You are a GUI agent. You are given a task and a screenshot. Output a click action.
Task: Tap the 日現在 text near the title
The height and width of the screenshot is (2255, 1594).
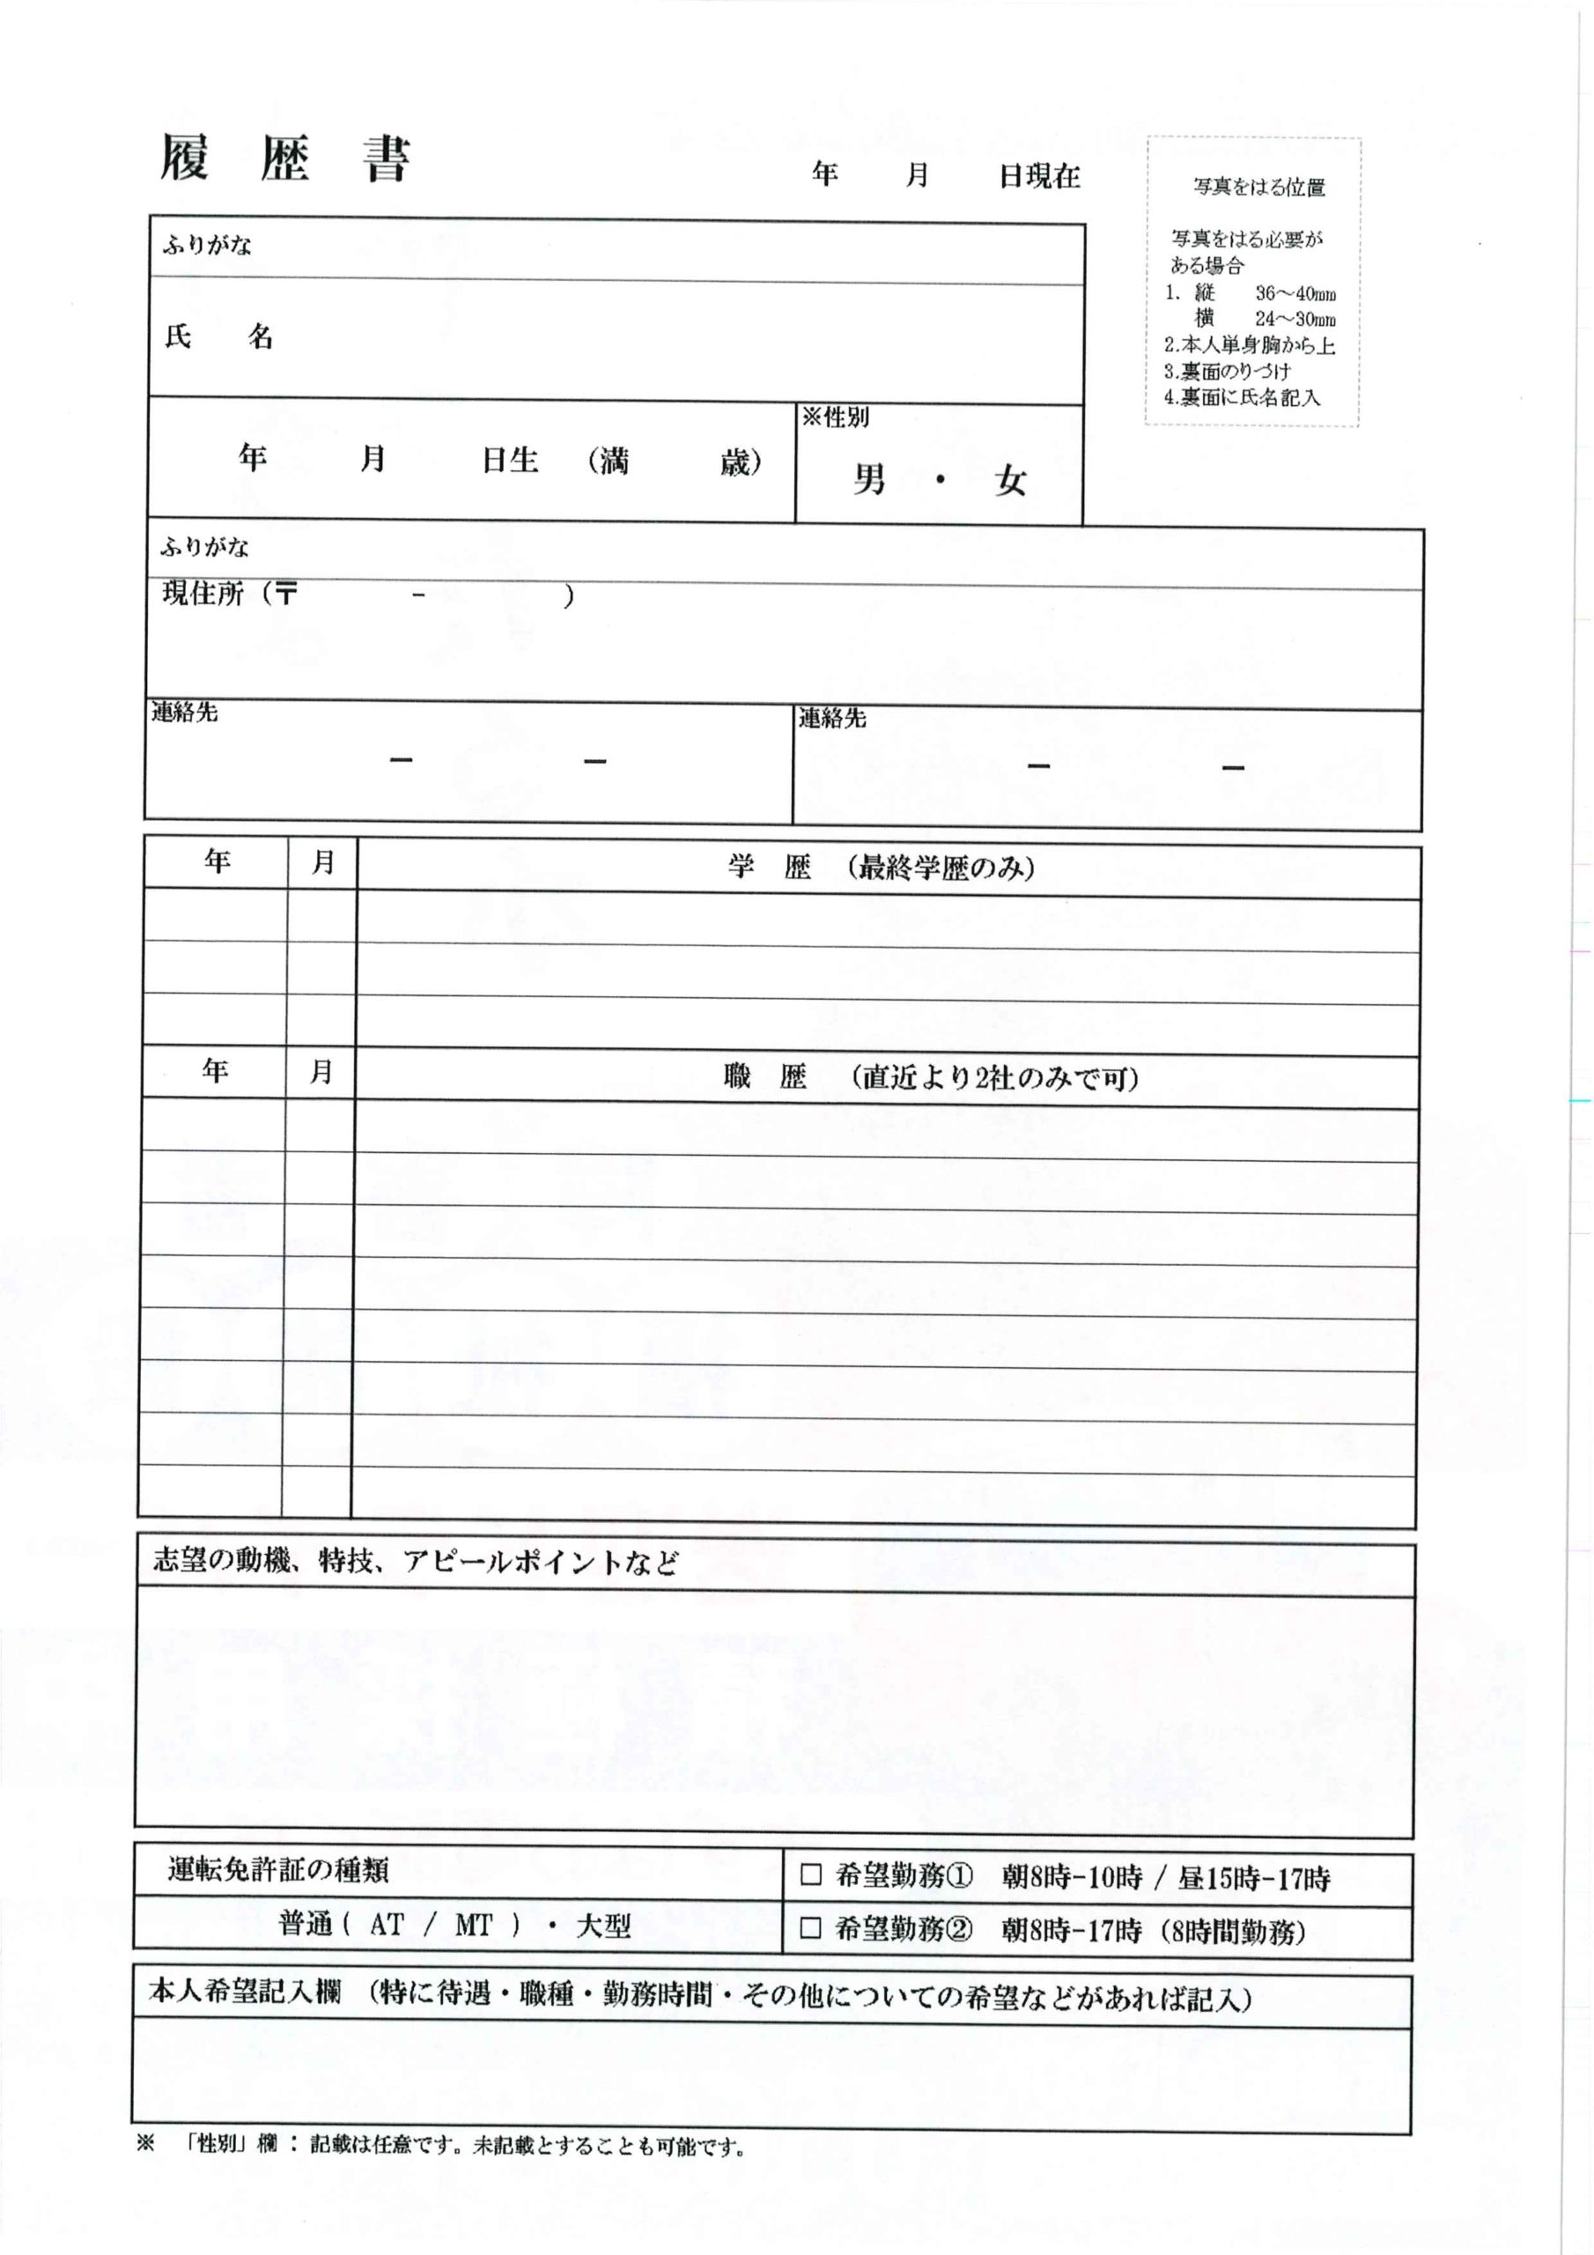1039,178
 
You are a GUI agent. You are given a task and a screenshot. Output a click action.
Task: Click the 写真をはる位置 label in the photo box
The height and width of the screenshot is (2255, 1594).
1258,187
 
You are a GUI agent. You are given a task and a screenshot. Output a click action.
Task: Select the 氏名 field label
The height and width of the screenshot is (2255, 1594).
218,339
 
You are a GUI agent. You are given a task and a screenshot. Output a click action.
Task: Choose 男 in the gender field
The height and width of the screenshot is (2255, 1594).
869,480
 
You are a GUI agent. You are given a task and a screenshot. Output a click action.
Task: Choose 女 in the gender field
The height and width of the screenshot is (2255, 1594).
1009,481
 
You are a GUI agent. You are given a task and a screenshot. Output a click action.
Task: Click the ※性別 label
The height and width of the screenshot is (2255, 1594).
835,418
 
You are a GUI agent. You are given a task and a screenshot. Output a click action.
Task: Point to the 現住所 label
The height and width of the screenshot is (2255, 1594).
203,595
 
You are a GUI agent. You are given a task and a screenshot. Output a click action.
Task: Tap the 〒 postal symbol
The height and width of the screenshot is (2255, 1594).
286,595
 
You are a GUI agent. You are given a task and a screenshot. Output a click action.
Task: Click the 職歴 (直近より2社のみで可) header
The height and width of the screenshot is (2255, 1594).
931,1078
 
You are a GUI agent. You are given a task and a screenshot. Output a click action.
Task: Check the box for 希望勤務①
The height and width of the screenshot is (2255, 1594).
810,1875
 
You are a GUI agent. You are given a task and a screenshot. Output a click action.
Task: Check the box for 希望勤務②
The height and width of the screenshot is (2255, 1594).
810,1929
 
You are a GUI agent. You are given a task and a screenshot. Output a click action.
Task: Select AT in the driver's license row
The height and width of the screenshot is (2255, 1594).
386,1925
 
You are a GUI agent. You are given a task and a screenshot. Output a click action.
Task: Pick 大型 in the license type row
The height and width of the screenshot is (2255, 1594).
603,1925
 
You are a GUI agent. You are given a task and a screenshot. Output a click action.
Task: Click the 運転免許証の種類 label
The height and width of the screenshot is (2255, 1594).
278,1871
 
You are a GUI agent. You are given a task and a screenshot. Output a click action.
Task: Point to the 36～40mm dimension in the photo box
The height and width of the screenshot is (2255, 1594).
1295,293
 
